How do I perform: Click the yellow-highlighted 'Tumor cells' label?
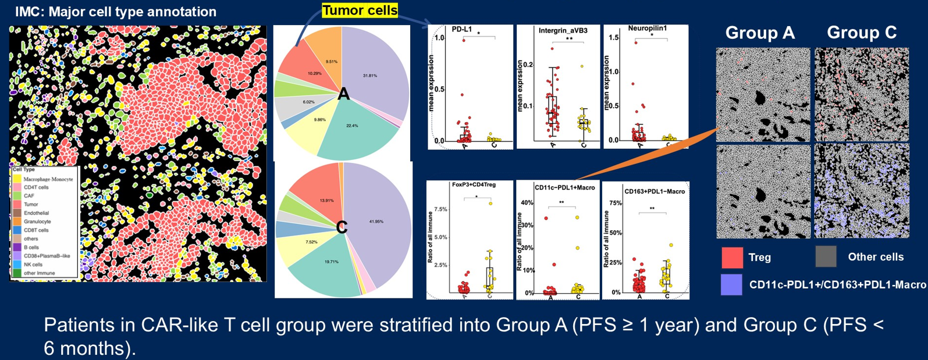[x=360, y=10]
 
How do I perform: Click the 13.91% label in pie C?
[x=327, y=201]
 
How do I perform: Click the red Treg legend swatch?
[x=732, y=257]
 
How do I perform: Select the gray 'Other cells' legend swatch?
[x=826, y=256]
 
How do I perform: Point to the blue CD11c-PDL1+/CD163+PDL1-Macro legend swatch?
[x=731, y=284]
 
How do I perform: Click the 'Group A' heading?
[x=760, y=33]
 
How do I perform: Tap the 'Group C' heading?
[x=862, y=33]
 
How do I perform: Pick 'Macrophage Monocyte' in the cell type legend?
[x=48, y=179]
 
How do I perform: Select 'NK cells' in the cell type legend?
[x=33, y=265]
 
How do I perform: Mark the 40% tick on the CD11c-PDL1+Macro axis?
[x=526, y=203]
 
